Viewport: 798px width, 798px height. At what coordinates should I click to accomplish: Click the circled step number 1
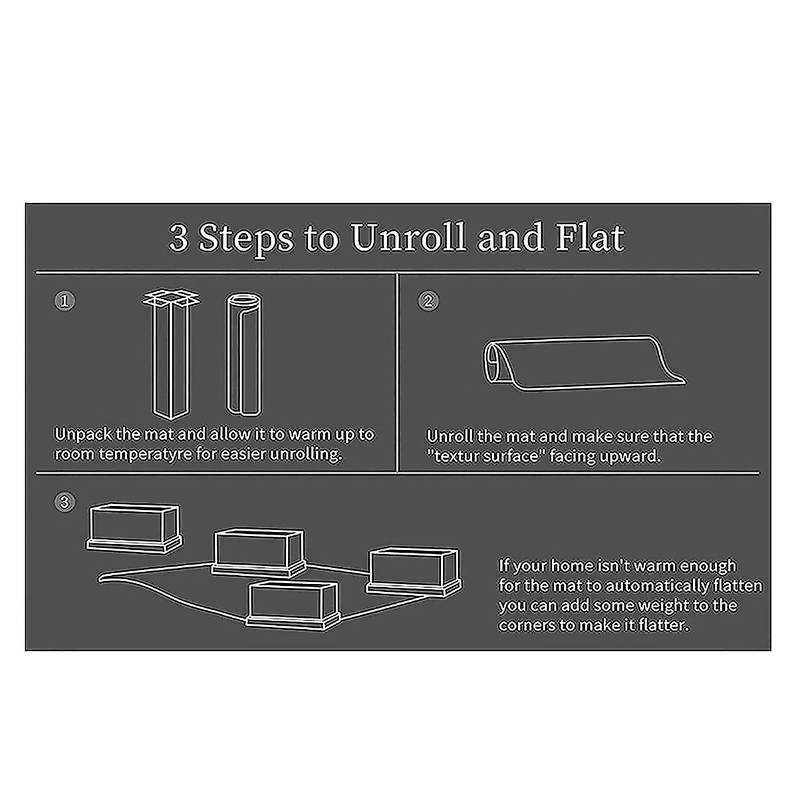[x=64, y=301]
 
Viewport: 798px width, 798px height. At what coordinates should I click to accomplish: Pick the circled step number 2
[x=428, y=301]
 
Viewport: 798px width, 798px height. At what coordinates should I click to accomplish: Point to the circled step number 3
[x=64, y=503]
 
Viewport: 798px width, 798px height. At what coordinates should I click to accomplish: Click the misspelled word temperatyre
[x=155, y=455]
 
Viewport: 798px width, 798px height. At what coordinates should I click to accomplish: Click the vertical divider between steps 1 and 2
[x=397, y=372]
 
